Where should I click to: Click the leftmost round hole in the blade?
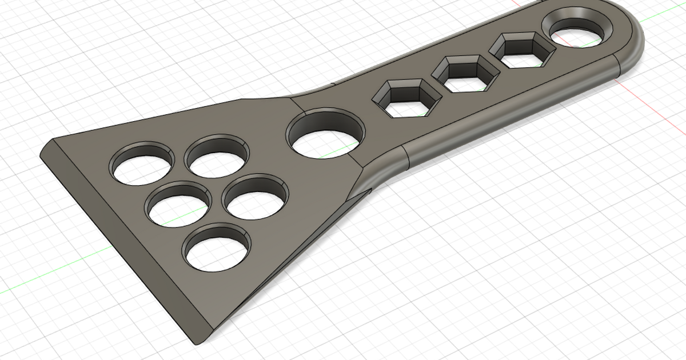click(x=142, y=164)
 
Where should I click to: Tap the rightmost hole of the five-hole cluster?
click(x=254, y=197)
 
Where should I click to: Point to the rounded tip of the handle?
click(x=637, y=34)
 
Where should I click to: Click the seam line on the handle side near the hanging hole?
click(x=616, y=65)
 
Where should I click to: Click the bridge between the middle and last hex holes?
click(x=495, y=63)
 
